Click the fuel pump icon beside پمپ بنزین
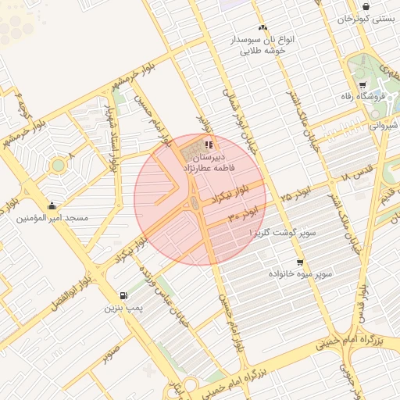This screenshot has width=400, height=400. (x=123, y=295)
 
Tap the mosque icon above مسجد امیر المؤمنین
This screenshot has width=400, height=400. (x=52, y=206)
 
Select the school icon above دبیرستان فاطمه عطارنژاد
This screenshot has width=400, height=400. (x=208, y=145)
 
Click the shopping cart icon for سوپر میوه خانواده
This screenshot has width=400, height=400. (x=300, y=262)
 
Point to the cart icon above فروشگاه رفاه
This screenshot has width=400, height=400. (x=362, y=84)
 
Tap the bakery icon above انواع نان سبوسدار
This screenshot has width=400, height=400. (x=262, y=27)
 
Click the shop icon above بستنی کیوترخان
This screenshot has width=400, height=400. (x=366, y=5)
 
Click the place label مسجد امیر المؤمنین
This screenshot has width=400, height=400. (x=52, y=218)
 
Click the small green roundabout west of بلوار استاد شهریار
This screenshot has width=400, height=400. (x=57, y=166)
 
